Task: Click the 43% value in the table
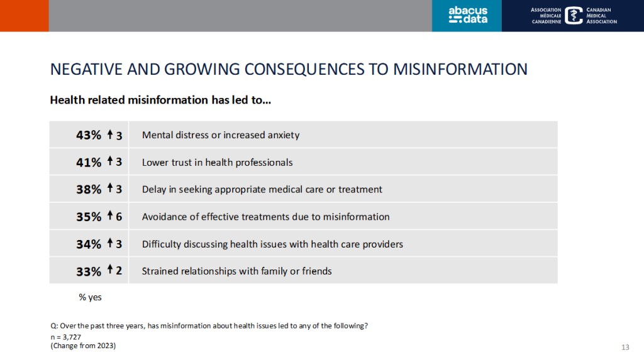pyautogui.click(x=88, y=135)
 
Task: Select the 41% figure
pyautogui.click(x=88, y=163)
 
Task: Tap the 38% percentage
pyautogui.click(x=88, y=189)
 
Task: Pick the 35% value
pyautogui.click(x=88, y=217)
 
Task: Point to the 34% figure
pyautogui.click(x=88, y=244)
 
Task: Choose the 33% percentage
pyautogui.click(x=88, y=271)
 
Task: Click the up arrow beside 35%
pyautogui.click(x=109, y=215)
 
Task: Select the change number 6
pyautogui.click(x=119, y=217)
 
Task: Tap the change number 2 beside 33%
pyautogui.click(x=119, y=271)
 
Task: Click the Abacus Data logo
pyautogui.click(x=468, y=15)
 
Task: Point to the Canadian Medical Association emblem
pyautogui.click(x=574, y=16)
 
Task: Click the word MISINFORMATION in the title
pyautogui.click(x=460, y=69)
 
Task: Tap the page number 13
pyautogui.click(x=625, y=347)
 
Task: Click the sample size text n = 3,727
pyautogui.click(x=65, y=337)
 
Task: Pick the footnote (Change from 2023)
pyautogui.click(x=83, y=346)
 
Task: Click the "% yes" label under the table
pyautogui.click(x=90, y=297)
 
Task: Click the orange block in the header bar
pyautogui.click(x=25, y=16)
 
